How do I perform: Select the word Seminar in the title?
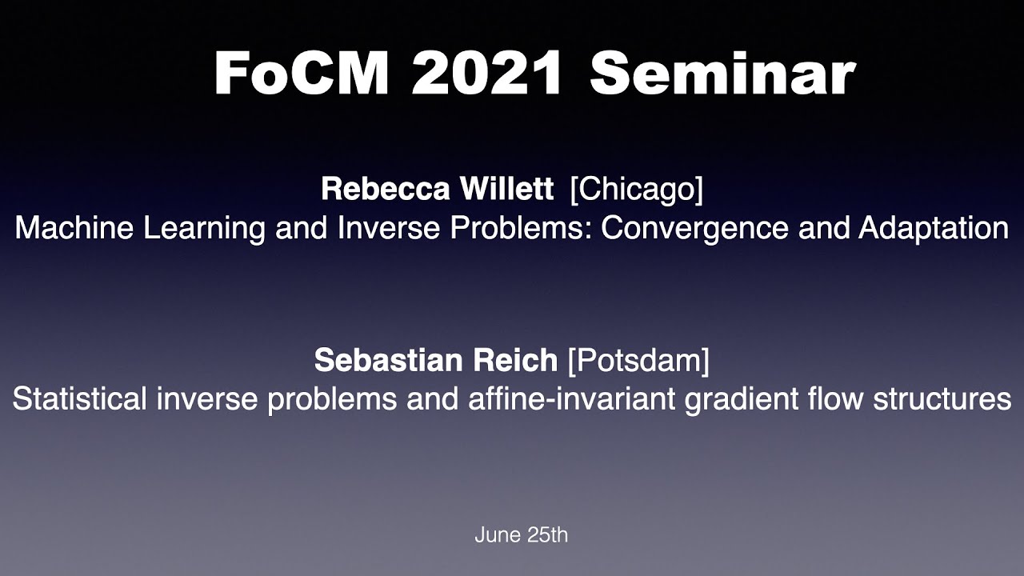point(722,74)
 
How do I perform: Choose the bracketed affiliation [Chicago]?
point(636,190)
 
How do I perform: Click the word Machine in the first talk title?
point(66,229)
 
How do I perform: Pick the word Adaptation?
point(933,229)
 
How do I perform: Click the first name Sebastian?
point(376,360)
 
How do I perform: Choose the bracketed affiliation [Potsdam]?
point(638,360)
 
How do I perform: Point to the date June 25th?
point(521,534)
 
